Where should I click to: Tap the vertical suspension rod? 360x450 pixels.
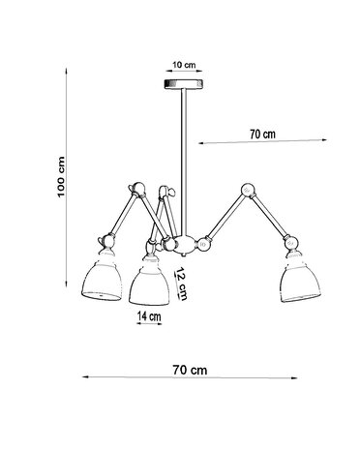[x=180, y=165]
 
